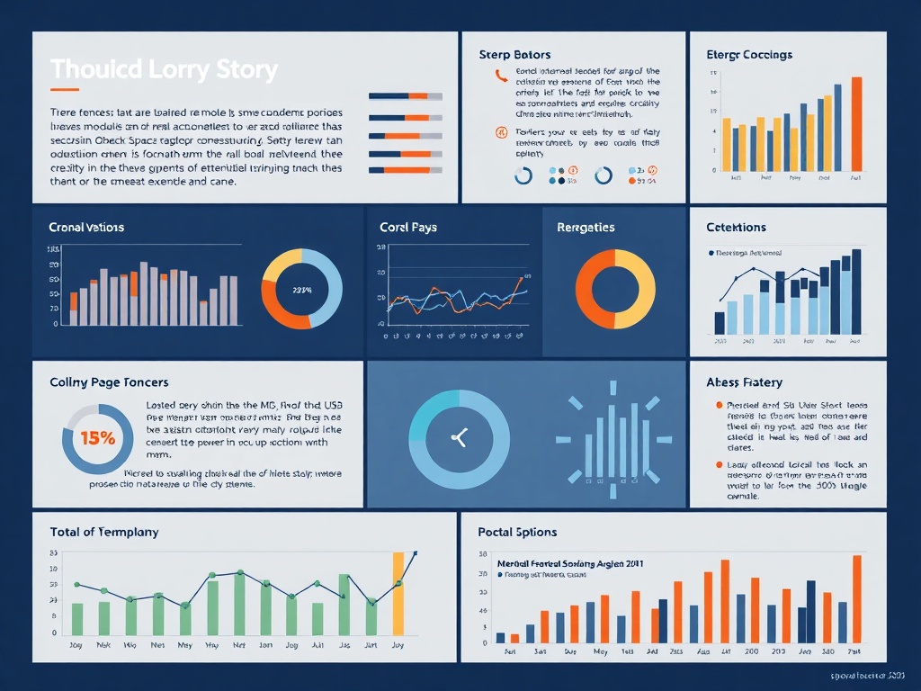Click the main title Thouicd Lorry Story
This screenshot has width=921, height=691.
point(164,69)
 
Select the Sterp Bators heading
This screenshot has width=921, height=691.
point(514,55)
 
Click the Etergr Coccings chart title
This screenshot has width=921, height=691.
point(749,55)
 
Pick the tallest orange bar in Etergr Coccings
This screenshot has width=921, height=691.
point(856,122)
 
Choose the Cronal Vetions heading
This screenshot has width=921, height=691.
point(86,228)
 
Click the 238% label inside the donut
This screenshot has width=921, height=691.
point(301,290)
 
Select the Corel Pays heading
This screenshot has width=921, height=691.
point(408,228)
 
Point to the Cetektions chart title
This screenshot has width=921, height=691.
point(737,228)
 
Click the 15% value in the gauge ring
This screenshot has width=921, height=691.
point(97,439)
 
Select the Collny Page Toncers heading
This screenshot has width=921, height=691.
point(109,382)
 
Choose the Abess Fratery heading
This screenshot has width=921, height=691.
point(744,382)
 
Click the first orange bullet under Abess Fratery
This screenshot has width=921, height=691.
point(718,406)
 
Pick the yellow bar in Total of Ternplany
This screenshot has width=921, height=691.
point(398,594)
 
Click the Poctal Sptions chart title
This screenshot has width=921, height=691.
point(517,532)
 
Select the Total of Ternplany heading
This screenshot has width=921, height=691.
point(104,532)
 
